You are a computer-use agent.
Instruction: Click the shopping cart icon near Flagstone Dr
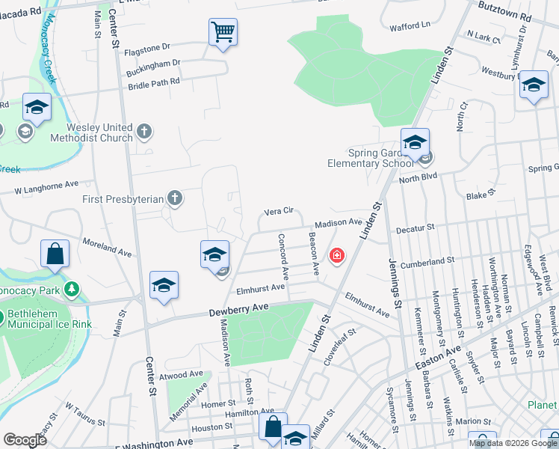coord(223,33)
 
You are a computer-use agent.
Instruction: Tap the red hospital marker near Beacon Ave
coord(337,257)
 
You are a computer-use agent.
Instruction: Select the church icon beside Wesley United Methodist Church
coord(145,132)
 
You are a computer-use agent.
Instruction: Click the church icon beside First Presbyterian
coord(174,198)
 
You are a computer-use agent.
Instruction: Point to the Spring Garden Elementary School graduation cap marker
coord(415,142)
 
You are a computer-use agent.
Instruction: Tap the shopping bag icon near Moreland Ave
coord(55,254)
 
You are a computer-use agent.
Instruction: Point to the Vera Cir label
coord(277,212)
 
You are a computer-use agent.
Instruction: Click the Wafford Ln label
coord(415,25)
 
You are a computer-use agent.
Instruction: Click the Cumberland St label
coord(427,262)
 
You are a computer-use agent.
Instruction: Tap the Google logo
coord(25,440)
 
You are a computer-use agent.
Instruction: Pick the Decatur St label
coord(415,227)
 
